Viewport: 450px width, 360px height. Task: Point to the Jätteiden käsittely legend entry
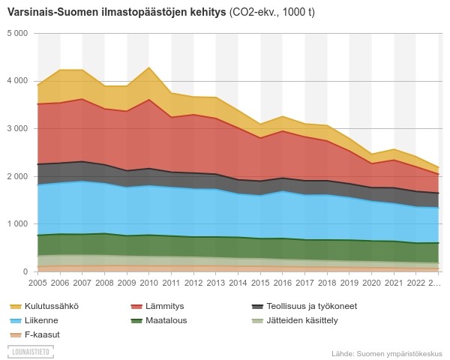click(295, 320)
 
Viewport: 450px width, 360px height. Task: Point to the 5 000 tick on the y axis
click(16, 34)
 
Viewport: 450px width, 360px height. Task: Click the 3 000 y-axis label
click(16, 129)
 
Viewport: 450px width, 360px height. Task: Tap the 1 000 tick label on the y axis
click(16, 224)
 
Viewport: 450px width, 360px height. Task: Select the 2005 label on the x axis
click(37, 283)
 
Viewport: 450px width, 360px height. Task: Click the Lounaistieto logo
click(31, 350)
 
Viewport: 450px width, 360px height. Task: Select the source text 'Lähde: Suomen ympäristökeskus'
click(386, 353)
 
